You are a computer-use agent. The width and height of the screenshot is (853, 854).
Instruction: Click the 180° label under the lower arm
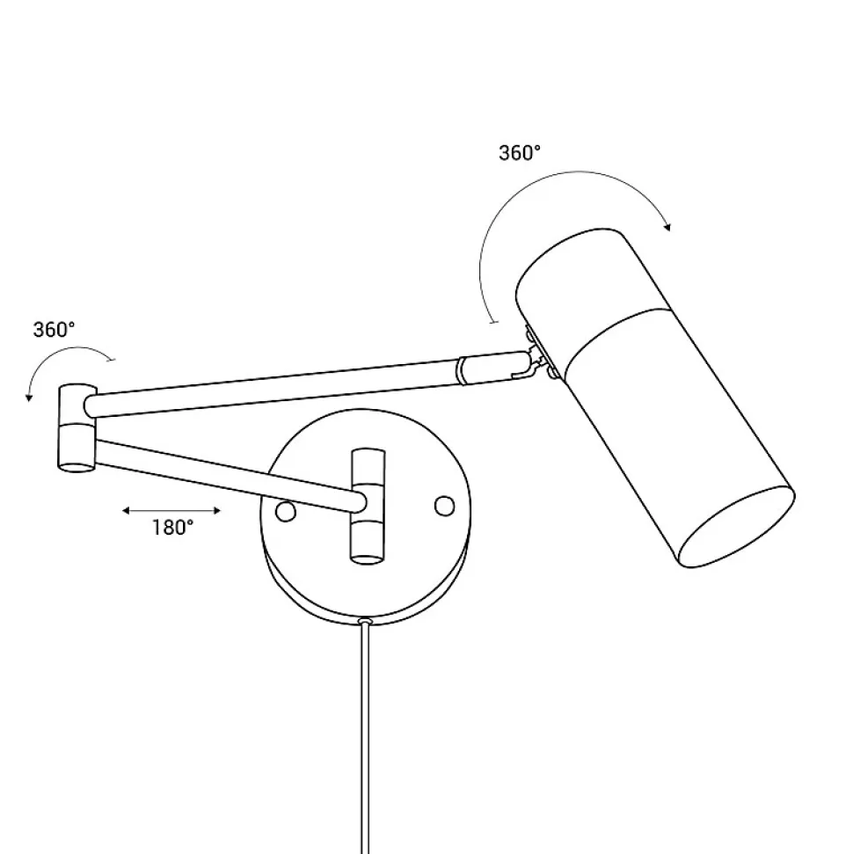(172, 527)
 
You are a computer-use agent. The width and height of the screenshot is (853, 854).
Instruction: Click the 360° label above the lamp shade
(520, 153)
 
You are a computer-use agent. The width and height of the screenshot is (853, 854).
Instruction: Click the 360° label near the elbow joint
(54, 330)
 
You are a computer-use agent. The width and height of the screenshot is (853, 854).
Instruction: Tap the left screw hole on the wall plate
(286, 511)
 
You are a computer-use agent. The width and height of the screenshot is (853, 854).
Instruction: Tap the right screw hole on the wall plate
(444, 506)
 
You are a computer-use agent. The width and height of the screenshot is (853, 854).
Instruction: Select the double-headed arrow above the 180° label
(171, 510)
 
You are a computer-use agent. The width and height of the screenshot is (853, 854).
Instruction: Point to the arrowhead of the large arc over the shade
(667, 227)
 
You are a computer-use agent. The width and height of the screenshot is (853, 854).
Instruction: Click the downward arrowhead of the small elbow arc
(29, 397)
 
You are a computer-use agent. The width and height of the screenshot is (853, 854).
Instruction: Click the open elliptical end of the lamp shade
(735, 527)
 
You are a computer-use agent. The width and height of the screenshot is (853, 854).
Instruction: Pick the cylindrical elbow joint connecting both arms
(77, 427)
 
